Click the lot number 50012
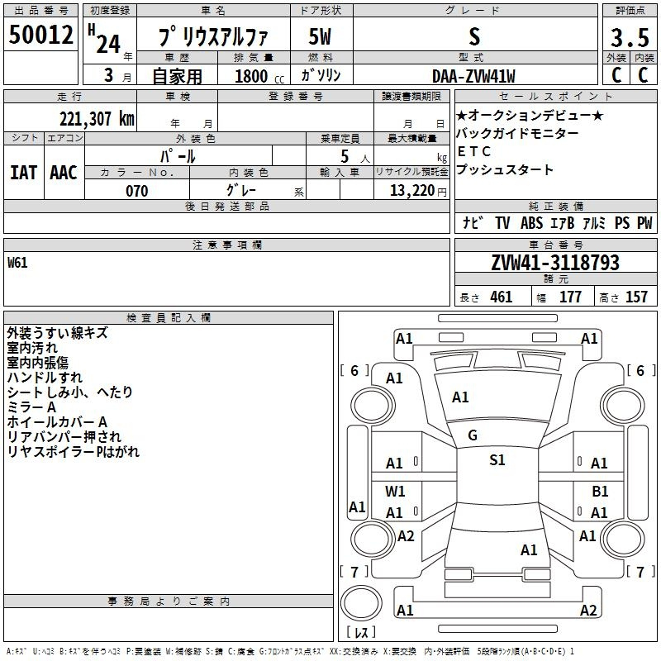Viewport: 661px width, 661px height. pos(40,34)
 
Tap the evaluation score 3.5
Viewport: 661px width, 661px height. pos(630,37)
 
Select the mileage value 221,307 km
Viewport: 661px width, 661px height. pos(97,119)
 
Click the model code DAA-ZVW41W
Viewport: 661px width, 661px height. pos(473,76)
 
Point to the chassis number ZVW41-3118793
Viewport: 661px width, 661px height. pos(555,262)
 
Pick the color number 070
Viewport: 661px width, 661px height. pos(137,191)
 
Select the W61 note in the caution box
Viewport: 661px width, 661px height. pos(17,263)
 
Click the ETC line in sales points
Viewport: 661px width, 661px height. pos(473,151)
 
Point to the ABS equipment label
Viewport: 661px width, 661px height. pos(531,222)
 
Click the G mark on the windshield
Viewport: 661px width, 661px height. pos(473,435)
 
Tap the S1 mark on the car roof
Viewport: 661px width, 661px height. pos(497,459)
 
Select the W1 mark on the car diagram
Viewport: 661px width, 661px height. pos(395,491)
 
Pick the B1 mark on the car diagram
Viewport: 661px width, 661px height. pos(600,491)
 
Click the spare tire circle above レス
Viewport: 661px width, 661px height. pos(361,603)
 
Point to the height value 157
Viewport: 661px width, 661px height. pos(636,297)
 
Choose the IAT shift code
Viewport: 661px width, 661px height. pos(23,173)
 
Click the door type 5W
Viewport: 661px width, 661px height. pos(320,36)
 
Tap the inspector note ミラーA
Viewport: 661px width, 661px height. pos(31,407)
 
